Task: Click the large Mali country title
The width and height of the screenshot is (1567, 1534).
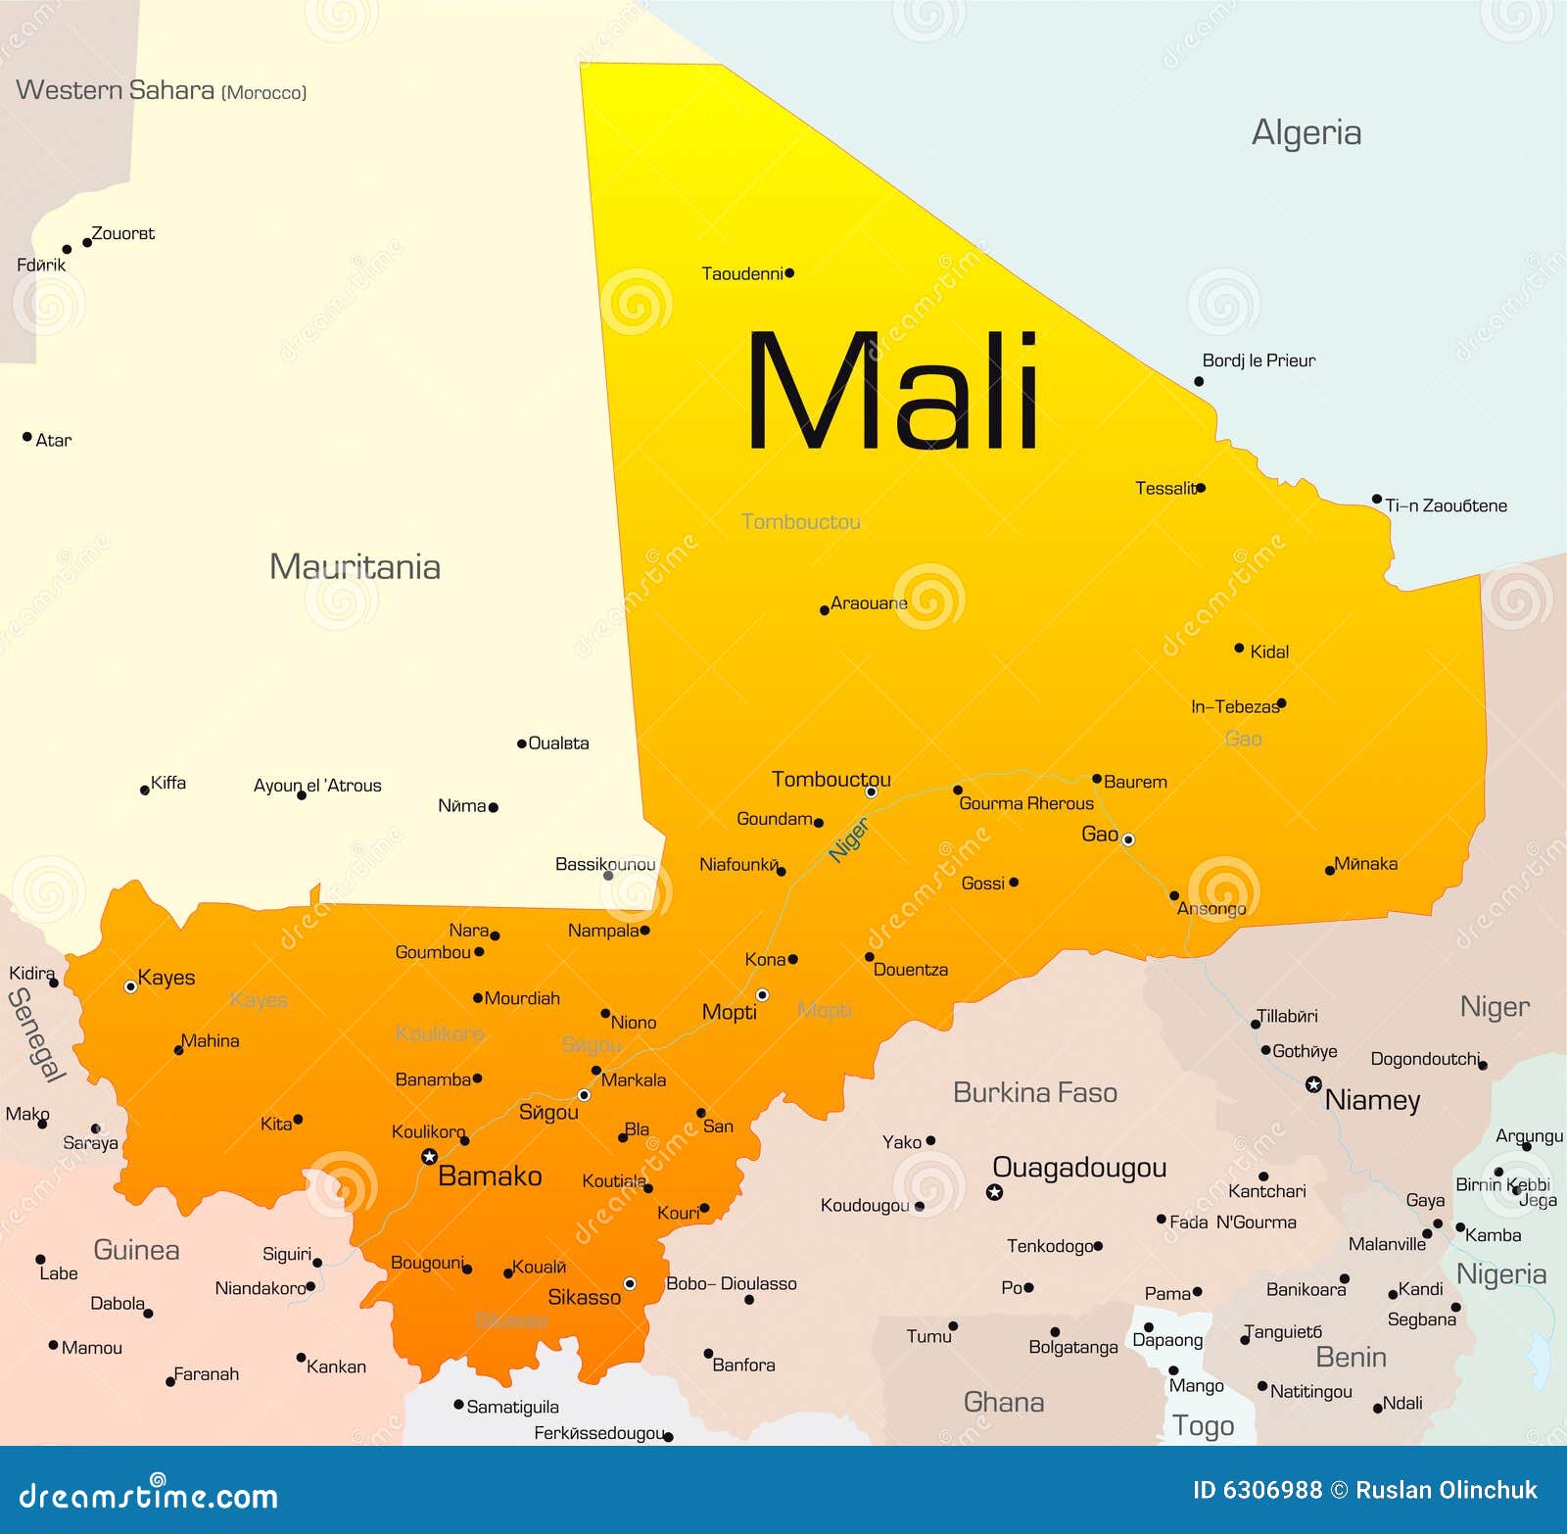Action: pyautogui.click(x=891, y=392)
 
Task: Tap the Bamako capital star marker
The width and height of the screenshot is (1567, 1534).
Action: pyautogui.click(x=429, y=1157)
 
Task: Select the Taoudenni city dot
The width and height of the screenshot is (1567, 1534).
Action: pyautogui.click(x=789, y=273)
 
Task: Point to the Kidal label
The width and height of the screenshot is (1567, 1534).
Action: pyautogui.click(x=1269, y=652)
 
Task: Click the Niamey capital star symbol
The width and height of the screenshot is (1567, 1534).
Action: pyautogui.click(x=1313, y=1084)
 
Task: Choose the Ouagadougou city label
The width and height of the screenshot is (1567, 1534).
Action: pyautogui.click(x=1079, y=1168)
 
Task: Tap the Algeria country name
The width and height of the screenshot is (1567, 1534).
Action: pyautogui.click(x=1306, y=133)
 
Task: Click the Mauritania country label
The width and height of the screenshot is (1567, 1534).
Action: pyautogui.click(x=355, y=567)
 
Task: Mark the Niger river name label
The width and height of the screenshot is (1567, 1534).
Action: pyautogui.click(x=848, y=840)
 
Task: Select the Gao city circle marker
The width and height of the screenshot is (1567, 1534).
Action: pyautogui.click(x=1128, y=839)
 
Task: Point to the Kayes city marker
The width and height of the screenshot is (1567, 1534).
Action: pyautogui.click(x=130, y=986)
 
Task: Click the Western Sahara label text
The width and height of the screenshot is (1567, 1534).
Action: pyautogui.click(x=116, y=90)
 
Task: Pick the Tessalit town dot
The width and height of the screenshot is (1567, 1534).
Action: pyautogui.click(x=1201, y=487)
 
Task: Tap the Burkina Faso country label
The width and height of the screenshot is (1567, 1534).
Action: pyautogui.click(x=1035, y=1093)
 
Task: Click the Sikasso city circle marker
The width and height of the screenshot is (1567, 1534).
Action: pyautogui.click(x=630, y=1283)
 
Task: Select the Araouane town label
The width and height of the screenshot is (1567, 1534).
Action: pyautogui.click(x=869, y=603)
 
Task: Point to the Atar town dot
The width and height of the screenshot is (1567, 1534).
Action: pyautogui.click(x=27, y=437)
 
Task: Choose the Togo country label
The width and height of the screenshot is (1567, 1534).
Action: pyautogui.click(x=1204, y=1426)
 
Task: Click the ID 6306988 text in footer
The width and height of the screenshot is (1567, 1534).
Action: pyautogui.click(x=1257, y=1490)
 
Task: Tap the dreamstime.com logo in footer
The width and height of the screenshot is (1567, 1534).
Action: pyautogui.click(x=149, y=1496)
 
